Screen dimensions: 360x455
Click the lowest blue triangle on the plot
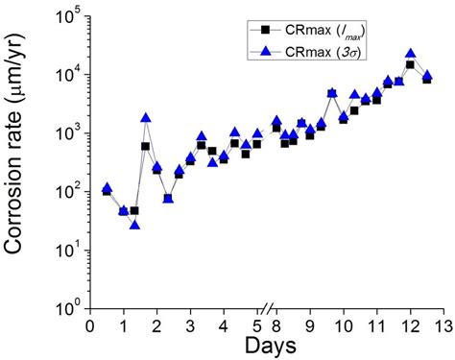pyautogui.click(x=134, y=225)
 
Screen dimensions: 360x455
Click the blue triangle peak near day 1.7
pyautogui.click(x=146, y=117)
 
